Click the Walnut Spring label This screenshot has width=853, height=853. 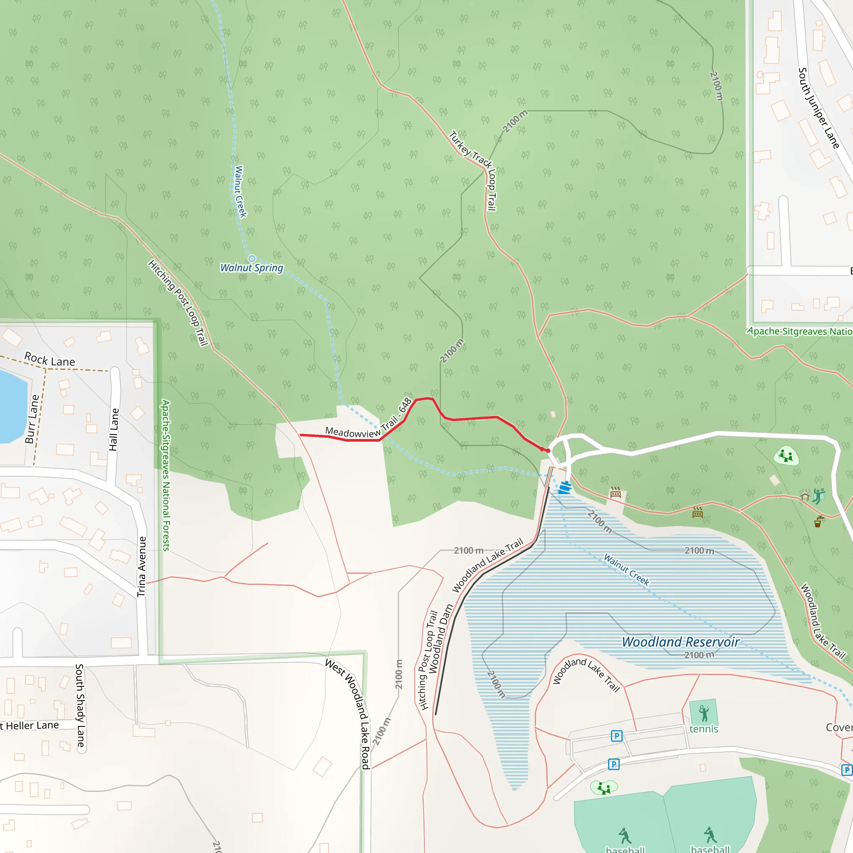coord(252,267)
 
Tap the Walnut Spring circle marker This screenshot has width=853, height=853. coord(252,258)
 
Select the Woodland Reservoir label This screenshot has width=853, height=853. coord(681,642)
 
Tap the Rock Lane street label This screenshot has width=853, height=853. coord(50,359)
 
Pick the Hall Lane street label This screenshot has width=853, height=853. coord(114,429)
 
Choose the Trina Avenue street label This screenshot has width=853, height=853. coord(141,566)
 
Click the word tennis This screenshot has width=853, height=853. coord(704,729)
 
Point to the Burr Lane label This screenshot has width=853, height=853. coord(32,419)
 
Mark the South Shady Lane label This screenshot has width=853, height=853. coord(80,706)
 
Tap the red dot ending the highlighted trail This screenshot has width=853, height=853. coord(548,451)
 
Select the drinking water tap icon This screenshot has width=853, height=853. coord(819,521)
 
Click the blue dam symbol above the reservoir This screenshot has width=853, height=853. coord(565,488)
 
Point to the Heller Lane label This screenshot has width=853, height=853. coord(31,726)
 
